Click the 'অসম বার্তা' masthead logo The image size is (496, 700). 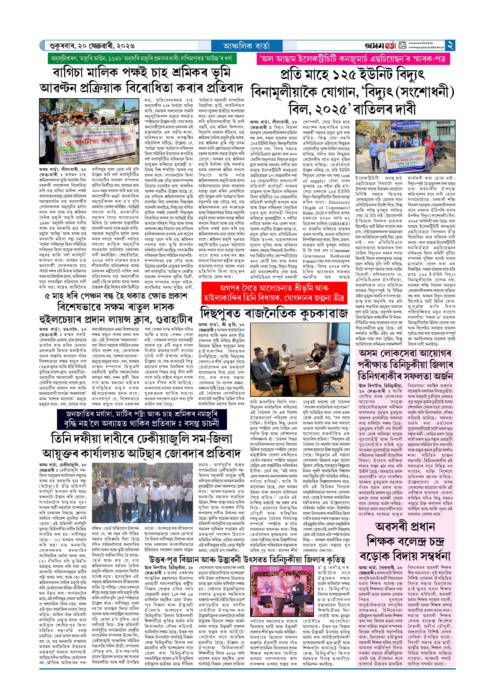point(380,46)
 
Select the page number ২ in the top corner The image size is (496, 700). point(450,45)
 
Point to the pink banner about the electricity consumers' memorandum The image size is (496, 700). point(353,58)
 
